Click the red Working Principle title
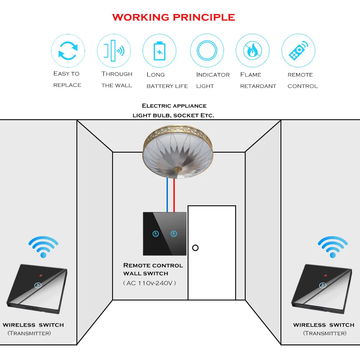174,17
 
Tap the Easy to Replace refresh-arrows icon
68,51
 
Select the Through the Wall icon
114,51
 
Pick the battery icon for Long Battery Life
159,51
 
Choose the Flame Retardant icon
253,50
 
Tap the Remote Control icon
298,50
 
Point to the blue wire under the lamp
167,195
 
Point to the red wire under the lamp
174,195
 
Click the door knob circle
195,248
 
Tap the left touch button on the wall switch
156,234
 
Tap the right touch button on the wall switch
174,234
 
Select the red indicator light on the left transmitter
41,275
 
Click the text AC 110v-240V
149,283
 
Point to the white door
212,253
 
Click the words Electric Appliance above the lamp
174,106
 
